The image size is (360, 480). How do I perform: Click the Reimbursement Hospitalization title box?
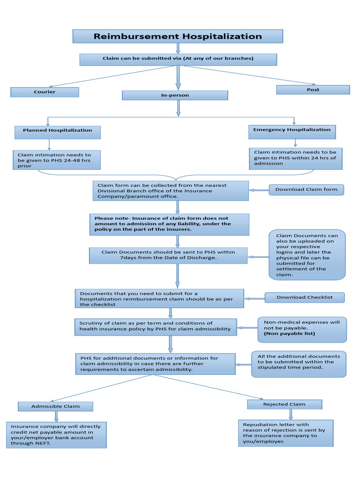[178, 36]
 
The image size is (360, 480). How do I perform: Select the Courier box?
[45, 92]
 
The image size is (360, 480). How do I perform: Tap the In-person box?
[175, 95]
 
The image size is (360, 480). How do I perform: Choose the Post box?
[313, 90]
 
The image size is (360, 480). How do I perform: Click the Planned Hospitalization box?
[57, 131]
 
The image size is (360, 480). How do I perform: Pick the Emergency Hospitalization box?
[292, 130]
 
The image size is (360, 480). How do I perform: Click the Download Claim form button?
[306, 189]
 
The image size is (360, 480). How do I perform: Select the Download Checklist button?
[304, 297]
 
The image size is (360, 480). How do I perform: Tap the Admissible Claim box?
[55, 406]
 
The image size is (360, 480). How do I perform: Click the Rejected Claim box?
[284, 404]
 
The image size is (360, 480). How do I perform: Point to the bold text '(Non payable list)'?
[289, 334]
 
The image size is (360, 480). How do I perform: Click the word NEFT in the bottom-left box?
[42, 443]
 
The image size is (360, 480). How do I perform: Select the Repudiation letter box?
[285, 433]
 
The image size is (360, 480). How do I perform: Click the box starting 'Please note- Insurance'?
[169, 224]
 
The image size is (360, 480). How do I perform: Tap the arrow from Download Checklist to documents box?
[254, 298]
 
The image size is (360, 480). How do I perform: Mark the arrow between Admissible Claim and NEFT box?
[57, 416]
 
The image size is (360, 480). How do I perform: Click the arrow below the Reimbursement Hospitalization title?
[178, 48]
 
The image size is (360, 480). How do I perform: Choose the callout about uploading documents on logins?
[307, 255]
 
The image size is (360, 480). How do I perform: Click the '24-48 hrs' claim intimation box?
[57, 160]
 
